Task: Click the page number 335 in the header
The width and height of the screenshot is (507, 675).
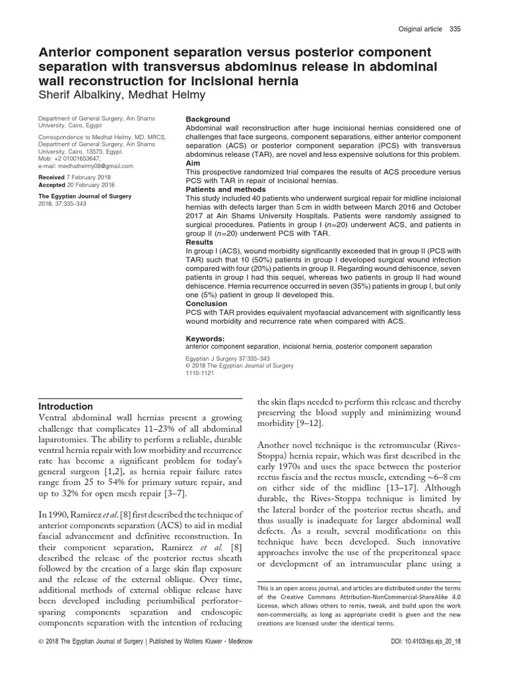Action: tap(455, 30)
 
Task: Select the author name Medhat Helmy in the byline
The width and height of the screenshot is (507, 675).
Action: tap(170, 94)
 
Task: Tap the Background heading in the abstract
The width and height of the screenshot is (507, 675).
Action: tap(208, 119)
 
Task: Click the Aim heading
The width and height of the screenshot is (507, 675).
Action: tap(193, 162)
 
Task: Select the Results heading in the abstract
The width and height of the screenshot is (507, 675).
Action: tap(200, 242)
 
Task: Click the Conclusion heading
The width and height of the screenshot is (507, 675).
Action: tap(207, 305)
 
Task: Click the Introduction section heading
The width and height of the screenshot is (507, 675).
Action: tap(66, 407)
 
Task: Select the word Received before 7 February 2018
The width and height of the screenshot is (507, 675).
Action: tap(51, 178)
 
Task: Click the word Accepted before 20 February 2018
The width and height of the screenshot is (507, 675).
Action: tap(52, 185)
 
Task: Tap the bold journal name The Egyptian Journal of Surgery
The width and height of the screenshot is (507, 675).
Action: tap(84, 196)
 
